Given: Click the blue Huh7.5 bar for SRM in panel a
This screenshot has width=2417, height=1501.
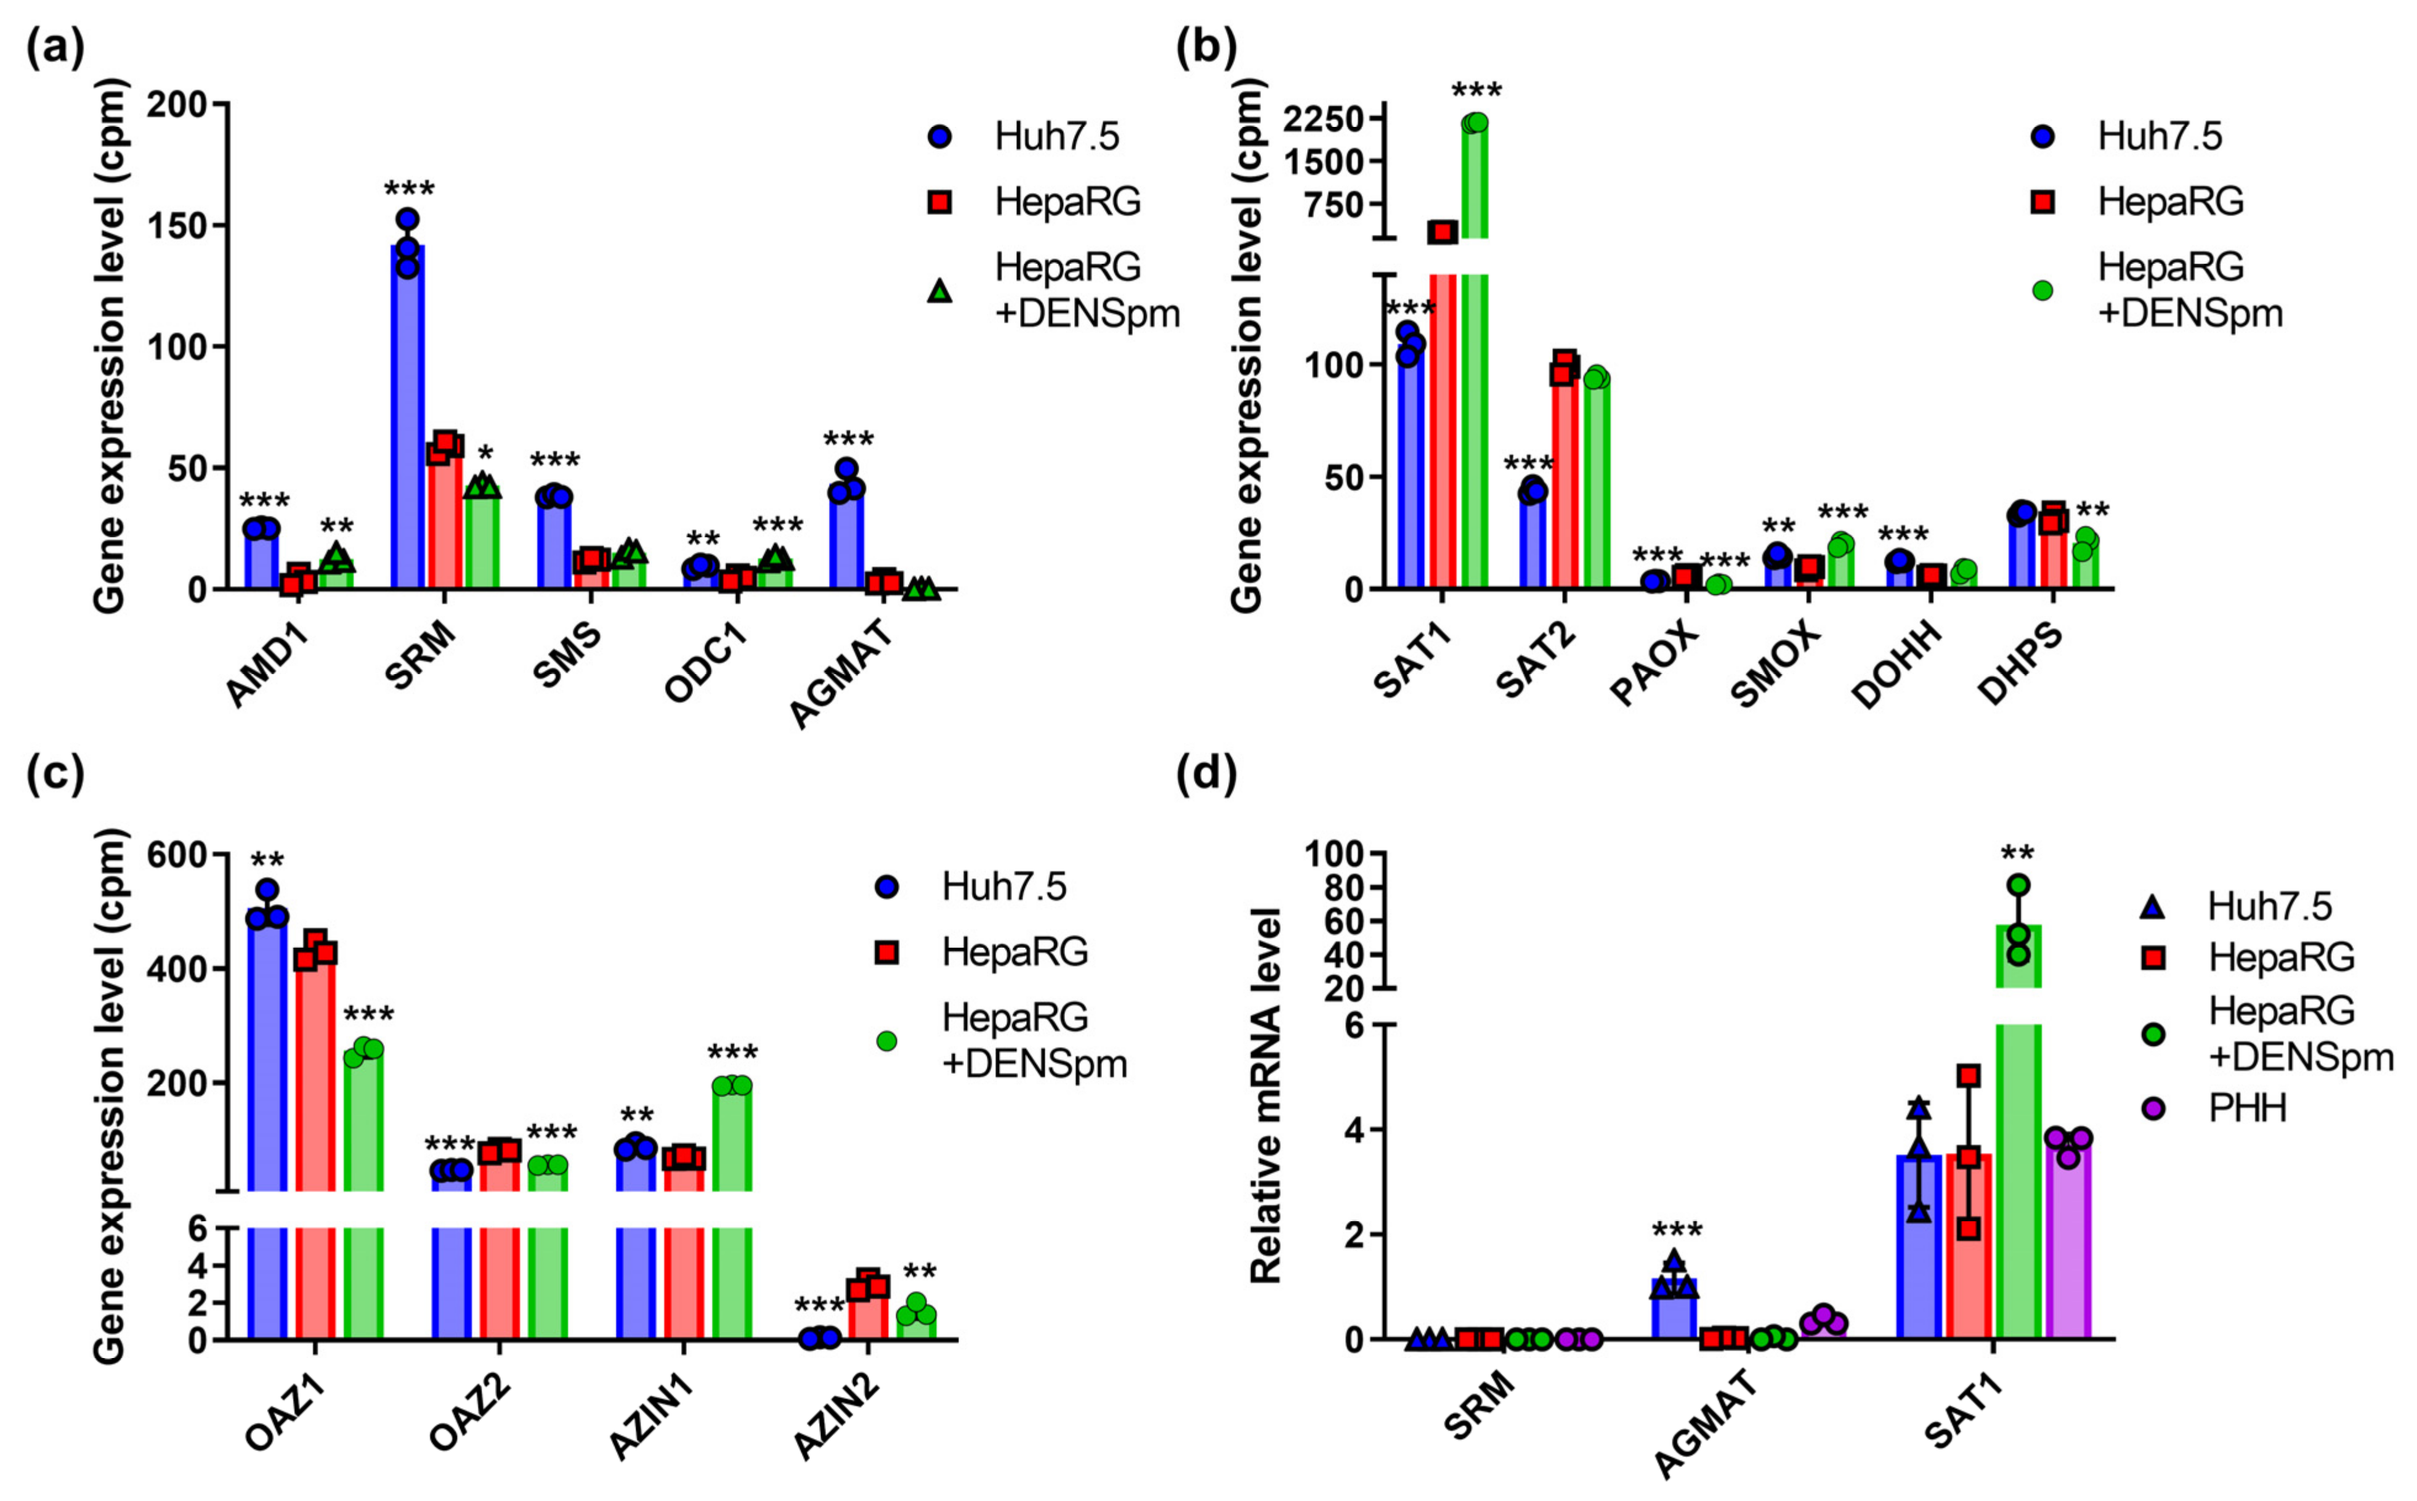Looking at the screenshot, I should point(407,417).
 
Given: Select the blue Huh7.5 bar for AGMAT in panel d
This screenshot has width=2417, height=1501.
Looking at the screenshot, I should point(1674,1311).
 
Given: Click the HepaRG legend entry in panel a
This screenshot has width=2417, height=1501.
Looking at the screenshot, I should point(1067,201).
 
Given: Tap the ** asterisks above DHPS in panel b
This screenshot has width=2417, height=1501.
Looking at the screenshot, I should point(2092,512).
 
